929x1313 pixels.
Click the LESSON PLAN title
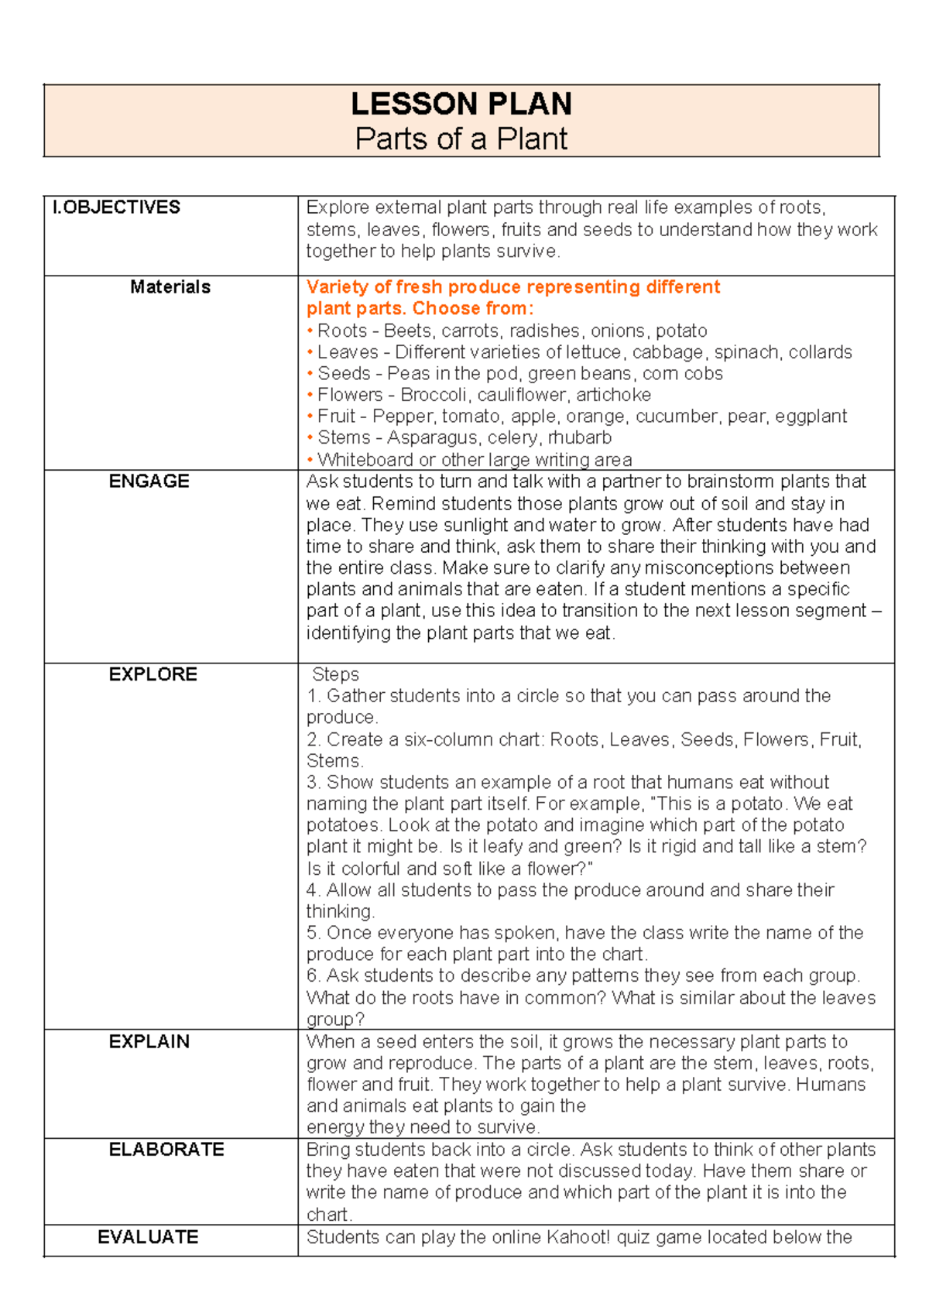(x=461, y=104)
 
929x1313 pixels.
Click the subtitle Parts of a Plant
(x=461, y=139)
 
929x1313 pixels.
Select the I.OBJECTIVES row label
(x=116, y=207)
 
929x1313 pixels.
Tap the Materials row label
(x=170, y=287)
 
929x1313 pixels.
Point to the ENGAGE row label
(x=149, y=482)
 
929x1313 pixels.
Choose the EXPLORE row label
(x=153, y=674)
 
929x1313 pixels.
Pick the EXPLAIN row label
(x=149, y=1042)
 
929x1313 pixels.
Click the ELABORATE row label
(x=166, y=1150)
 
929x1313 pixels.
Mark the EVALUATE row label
(x=148, y=1237)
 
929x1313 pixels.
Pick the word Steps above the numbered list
(x=335, y=674)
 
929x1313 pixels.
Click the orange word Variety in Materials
(x=336, y=287)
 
